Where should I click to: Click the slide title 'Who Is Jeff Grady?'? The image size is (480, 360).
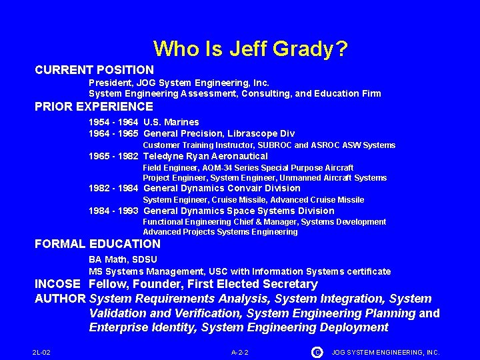[x=250, y=49]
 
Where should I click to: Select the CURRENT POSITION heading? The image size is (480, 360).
[x=94, y=69]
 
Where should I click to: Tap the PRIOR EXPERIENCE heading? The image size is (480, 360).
[x=94, y=107]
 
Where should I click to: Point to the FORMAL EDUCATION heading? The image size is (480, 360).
[x=97, y=244]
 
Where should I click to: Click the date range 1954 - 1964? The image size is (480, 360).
[x=113, y=122]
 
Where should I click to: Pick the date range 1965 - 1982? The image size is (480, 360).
[x=113, y=156]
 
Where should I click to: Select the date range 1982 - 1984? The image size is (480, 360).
[x=113, y=188]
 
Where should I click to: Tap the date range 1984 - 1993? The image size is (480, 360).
[x=113, y=211]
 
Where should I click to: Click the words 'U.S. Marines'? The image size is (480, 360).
[x=171, y=122]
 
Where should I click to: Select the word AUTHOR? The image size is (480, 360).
[x=60, y=299]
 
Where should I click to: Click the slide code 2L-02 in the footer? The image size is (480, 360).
[x=41, y=352]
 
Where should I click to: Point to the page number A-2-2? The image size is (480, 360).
[x=240, y=352]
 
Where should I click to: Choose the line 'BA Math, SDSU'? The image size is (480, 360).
[x=123, y=259]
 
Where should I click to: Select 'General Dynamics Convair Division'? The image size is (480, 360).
[x=222, y=188]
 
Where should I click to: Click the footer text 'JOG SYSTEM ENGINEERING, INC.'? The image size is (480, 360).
[x=385, y=352]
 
